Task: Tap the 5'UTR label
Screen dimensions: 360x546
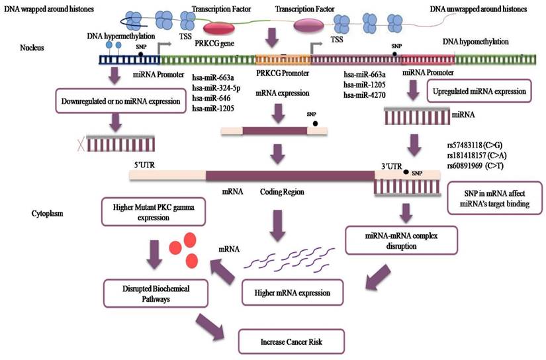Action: [144, 161]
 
